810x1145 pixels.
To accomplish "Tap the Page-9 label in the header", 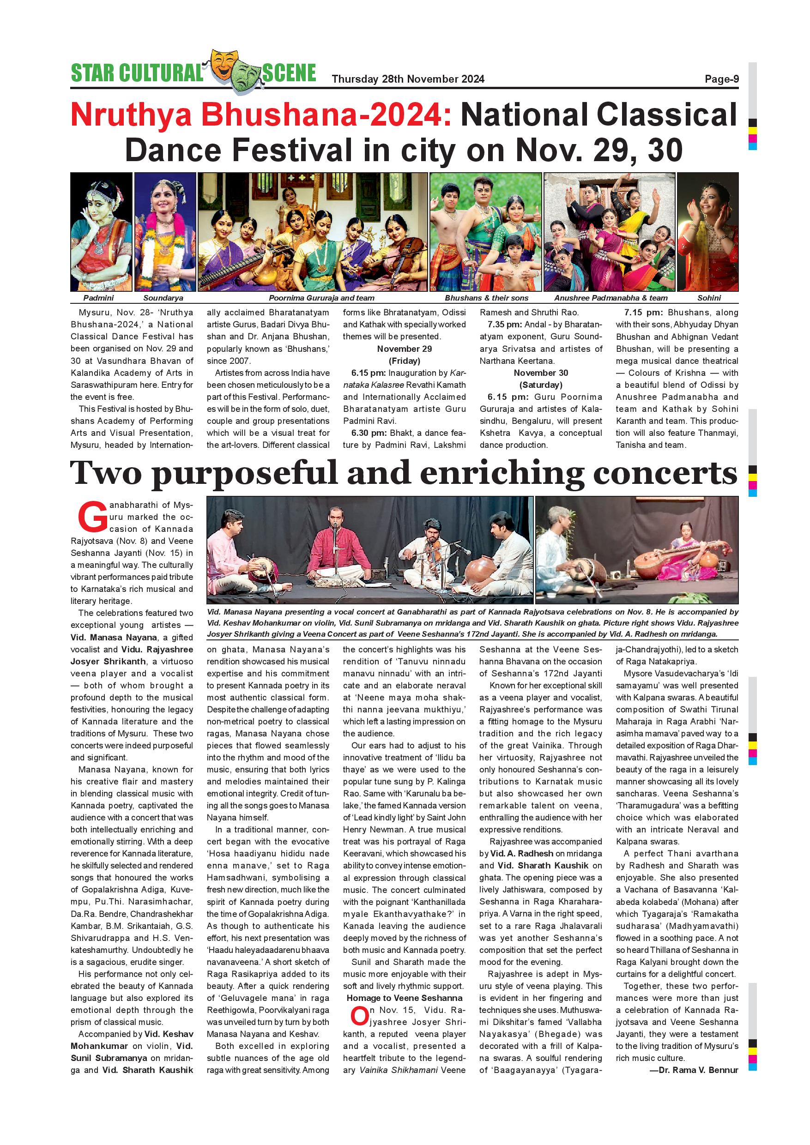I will pos(721,79).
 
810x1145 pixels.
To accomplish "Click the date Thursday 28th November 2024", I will pos(408,79).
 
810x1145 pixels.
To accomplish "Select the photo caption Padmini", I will pos(98,298).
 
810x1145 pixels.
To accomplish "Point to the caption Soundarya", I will pos(163,298).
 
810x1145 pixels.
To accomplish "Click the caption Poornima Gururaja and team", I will pos(321,298).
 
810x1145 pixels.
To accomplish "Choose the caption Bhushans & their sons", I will pos(486,298).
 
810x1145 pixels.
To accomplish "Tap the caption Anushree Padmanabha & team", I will pos(611,298).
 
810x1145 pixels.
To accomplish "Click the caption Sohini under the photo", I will pos(709,298).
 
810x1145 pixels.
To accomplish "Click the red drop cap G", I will pos(92,517).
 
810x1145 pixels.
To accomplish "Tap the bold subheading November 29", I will pos(404,349).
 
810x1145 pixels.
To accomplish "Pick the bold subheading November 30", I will pos(541,373).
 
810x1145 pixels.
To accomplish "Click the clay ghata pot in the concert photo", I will pos(484,571).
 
